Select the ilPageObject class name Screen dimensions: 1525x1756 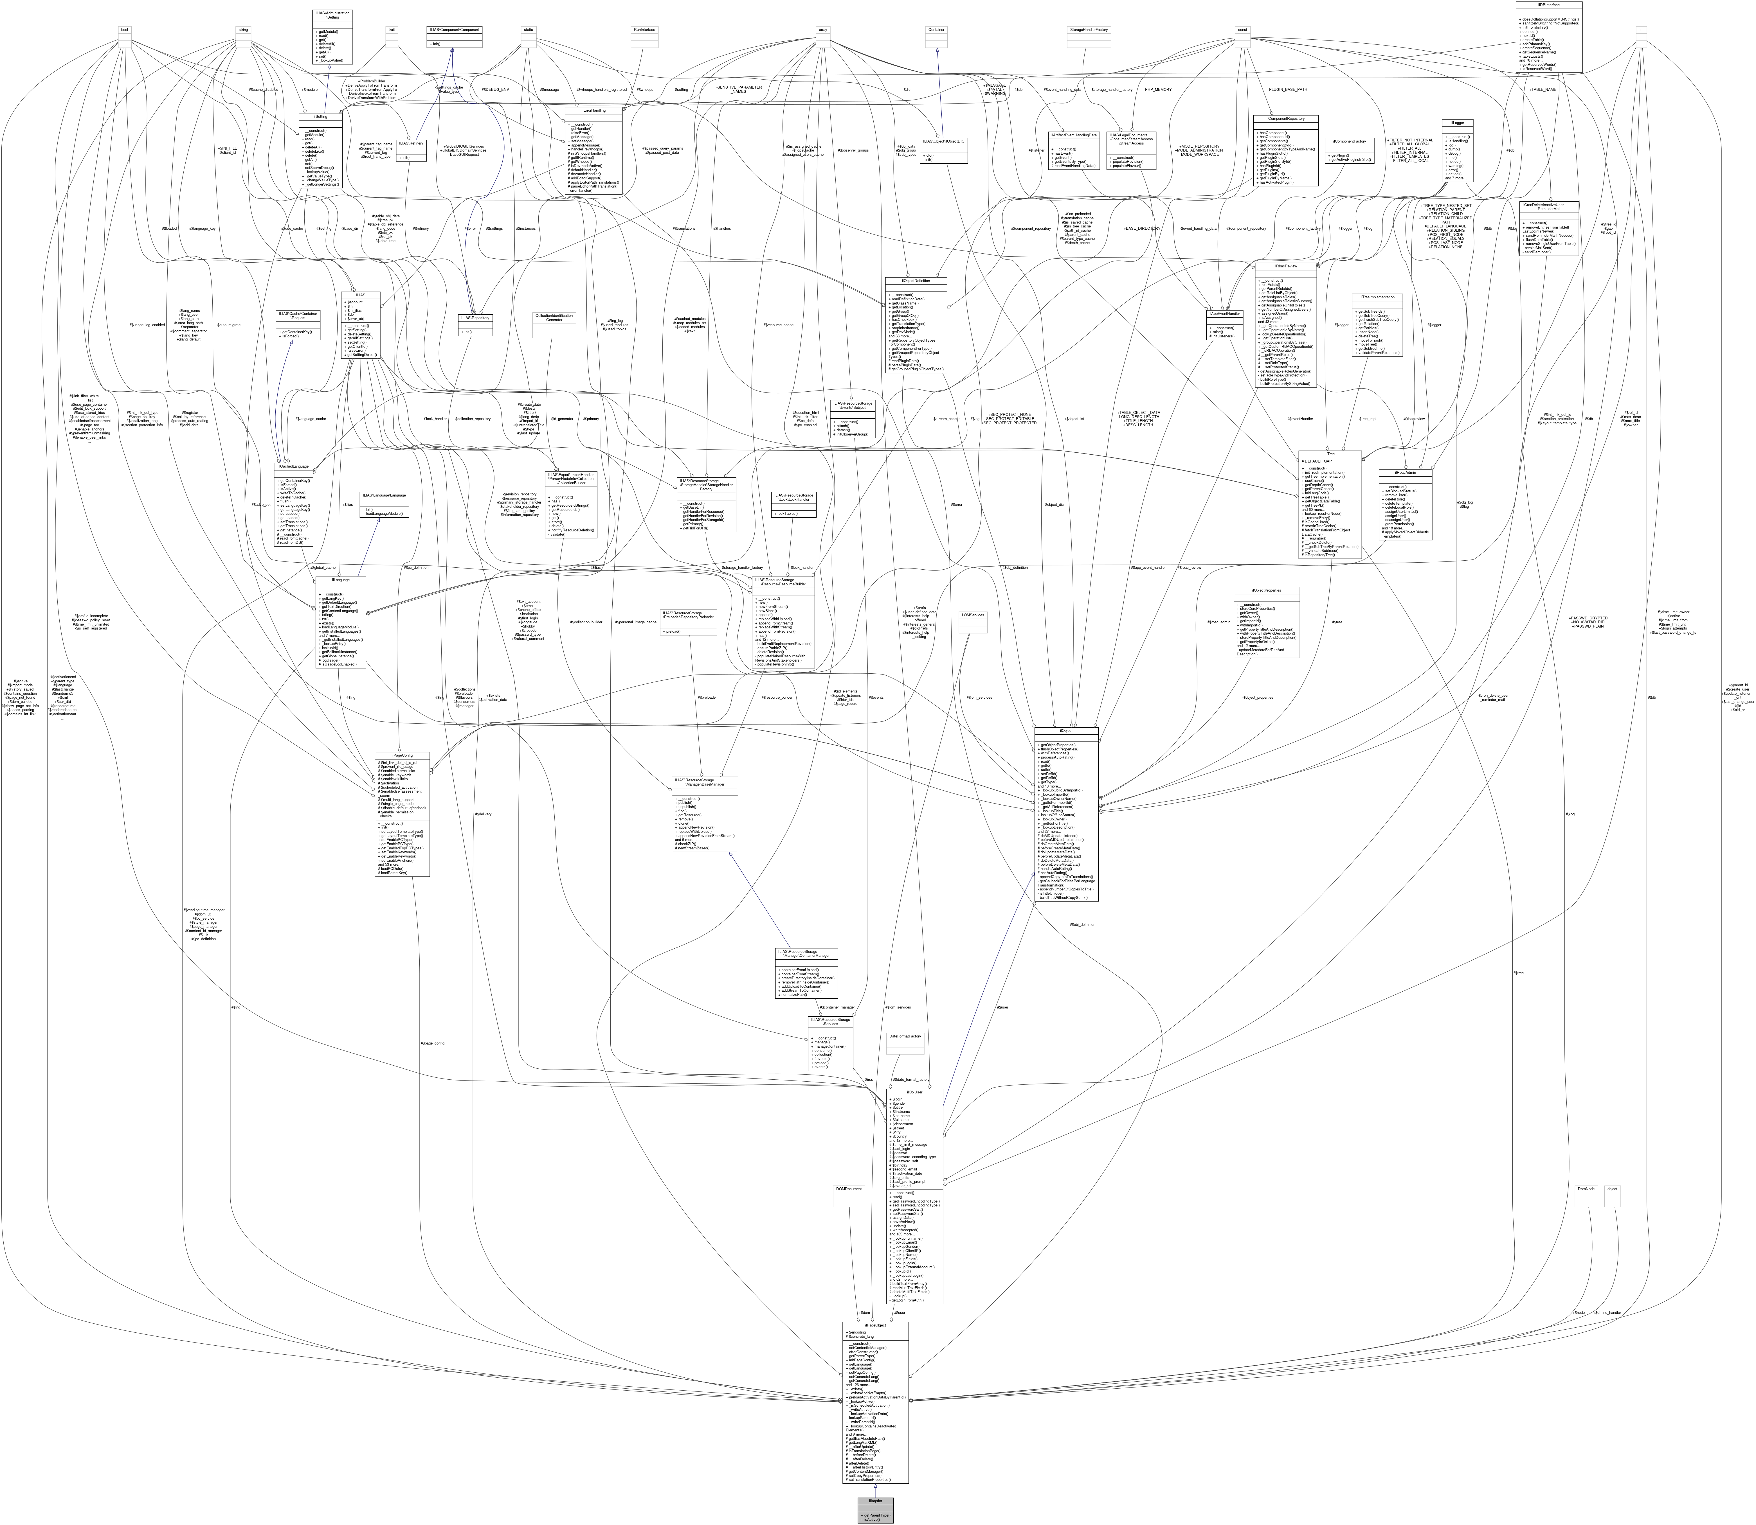tap(875, 1325)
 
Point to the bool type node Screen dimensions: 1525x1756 tap(124, 30)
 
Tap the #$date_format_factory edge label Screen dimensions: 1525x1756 tap(911, 1079)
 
